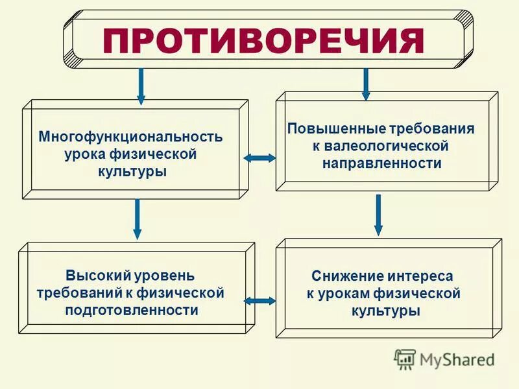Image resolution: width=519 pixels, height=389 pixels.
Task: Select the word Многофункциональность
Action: point(130,137)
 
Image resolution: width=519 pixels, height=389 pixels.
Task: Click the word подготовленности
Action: point(132,310)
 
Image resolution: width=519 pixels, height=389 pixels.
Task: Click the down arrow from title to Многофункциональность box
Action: point(141,86)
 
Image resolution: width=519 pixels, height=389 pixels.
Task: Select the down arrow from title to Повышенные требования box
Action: point(366,84)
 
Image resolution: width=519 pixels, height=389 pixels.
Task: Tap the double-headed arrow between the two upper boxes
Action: point(259,158)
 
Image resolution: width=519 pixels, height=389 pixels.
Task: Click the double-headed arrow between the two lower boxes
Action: point(259,300)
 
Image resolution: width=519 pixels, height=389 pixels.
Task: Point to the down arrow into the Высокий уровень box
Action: point(137,219)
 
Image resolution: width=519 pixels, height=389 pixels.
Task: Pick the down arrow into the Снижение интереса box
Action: point(379,215)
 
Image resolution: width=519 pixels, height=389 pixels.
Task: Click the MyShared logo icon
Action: point(405,358)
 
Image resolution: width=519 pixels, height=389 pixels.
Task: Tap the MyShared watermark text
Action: point(457,359)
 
